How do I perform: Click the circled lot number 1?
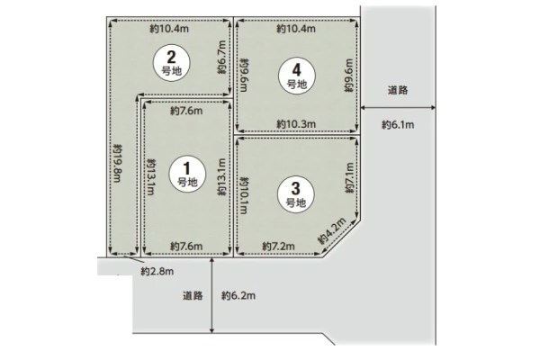tap(187, 174)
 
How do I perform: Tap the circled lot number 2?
tap(172, 63)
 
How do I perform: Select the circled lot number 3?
tap(296, 194)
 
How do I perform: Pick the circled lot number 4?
tap(297, 76)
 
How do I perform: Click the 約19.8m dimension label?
tap(117, 163)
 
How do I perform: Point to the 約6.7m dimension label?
tap(221, 58)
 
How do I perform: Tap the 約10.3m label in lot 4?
tap(296, 124)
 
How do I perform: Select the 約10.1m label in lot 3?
tap(244, 195)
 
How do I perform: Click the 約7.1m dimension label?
tap(349, 178)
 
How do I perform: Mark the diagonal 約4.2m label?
tap(331, 230)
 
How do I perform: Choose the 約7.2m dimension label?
tap(278, 247)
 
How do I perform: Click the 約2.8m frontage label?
tap(157, 272)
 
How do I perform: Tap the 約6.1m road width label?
tap(398, 125)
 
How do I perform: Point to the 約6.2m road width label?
tap(238, 295)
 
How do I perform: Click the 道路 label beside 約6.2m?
tap(193, 295)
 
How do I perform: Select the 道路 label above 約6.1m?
tap(398, 90)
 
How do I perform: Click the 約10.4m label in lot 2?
tap(169, 29)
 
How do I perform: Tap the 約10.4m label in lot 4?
tap(296, 29)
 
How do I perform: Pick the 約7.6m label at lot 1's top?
tap(186, 111)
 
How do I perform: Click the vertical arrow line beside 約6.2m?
tap(211, 295)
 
